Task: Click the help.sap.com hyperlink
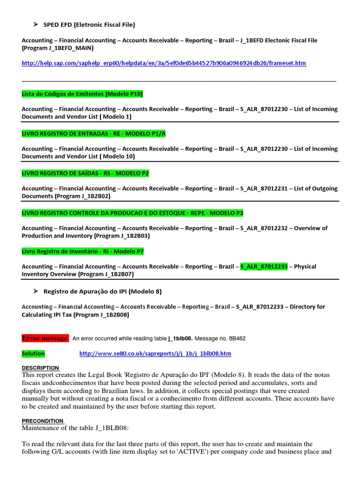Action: [164, 63]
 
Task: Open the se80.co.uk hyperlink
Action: [155, 353]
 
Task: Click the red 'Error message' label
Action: [45, 338]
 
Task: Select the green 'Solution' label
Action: [33, 353]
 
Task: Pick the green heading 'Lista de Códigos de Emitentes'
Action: [82, 94]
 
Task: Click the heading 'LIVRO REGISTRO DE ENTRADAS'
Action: [94, 134]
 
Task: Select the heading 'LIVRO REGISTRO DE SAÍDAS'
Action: [85, 173]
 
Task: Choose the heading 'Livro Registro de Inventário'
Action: [82, 252]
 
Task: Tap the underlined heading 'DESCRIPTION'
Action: [40, 368]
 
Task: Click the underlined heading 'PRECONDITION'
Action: [42, 421]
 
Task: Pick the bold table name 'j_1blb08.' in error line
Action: [180, 338]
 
